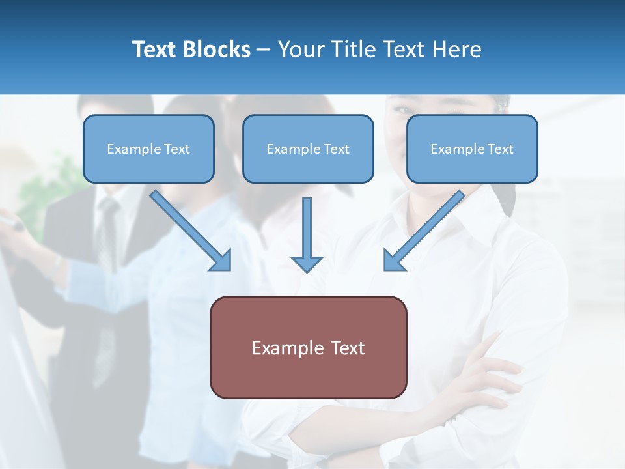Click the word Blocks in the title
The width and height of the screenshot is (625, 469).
click(217, 50)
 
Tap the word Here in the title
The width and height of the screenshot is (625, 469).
click(456, 50)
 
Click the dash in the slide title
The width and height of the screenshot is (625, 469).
click(264, 50)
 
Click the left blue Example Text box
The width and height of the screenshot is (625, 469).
click(148, 149)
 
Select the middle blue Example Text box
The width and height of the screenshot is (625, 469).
click(308, 149)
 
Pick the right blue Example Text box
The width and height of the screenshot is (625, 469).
click(472, 149)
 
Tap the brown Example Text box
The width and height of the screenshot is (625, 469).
click(308, 347)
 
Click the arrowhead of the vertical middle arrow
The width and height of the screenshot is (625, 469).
click(307, 263)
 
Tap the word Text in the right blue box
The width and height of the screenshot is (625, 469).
click(500, 149)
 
